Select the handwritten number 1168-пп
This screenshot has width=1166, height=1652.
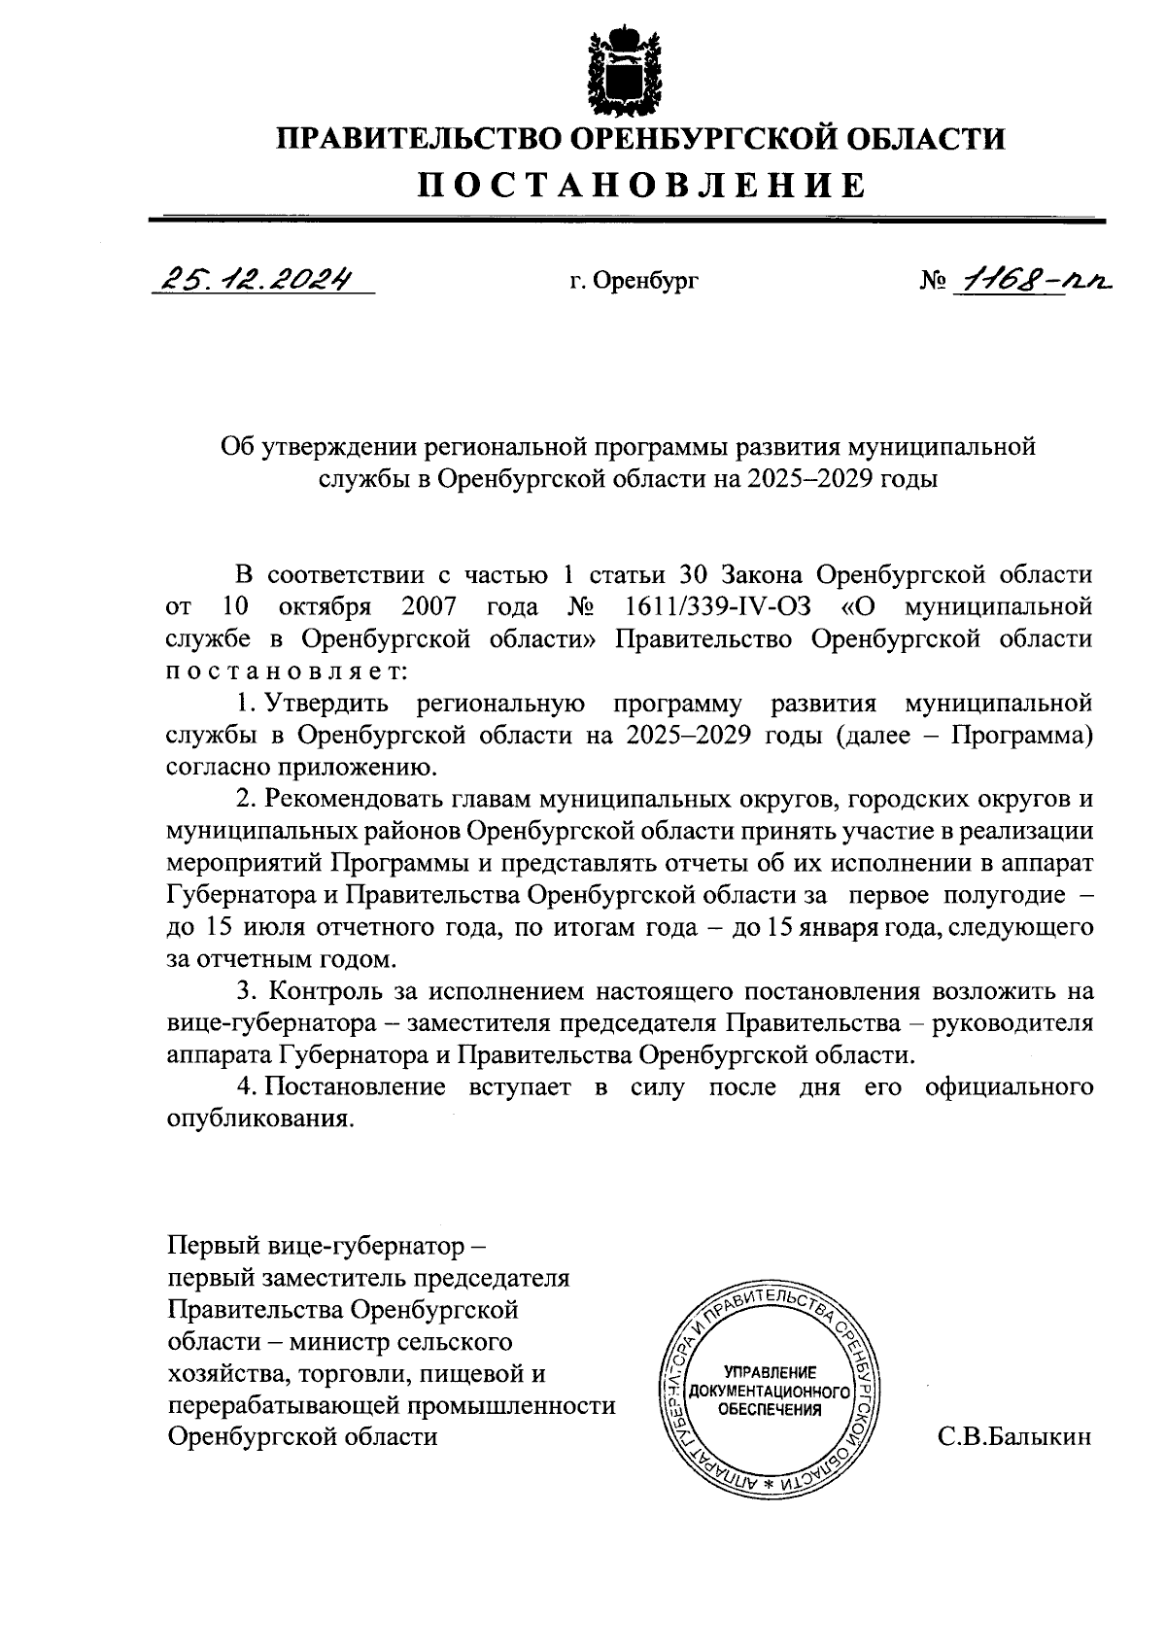[x=1030, y=280]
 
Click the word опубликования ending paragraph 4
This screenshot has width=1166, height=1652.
[x=257, y=1119]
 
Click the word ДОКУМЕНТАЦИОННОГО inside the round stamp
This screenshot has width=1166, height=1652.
[x=770, y=1391]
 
